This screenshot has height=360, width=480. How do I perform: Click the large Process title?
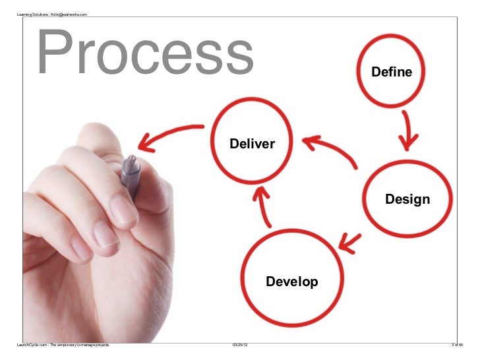click(x=145, y=53)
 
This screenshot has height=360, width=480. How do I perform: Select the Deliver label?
click(x=253, y=144)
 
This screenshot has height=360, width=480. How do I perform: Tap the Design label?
click(x=407, y=199)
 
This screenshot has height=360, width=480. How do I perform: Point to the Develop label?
click(x=291, y=282)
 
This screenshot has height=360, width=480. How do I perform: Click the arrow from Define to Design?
click(x=408, y=128)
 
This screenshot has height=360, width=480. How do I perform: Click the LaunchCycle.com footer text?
click(x=63, y=345)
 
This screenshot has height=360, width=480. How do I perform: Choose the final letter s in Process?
click(x=239, y=58)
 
